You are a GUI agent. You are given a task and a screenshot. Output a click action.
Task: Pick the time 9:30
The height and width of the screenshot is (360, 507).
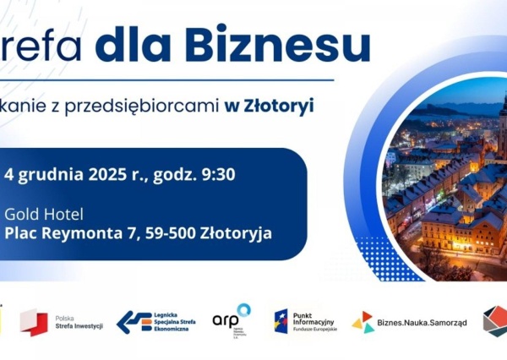[x=215, y=176]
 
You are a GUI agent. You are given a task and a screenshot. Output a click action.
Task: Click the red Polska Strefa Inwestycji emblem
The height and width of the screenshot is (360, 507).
[x=33, y=322]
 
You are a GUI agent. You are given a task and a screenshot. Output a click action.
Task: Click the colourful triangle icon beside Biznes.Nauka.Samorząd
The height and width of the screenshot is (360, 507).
[x=363, y=322]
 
